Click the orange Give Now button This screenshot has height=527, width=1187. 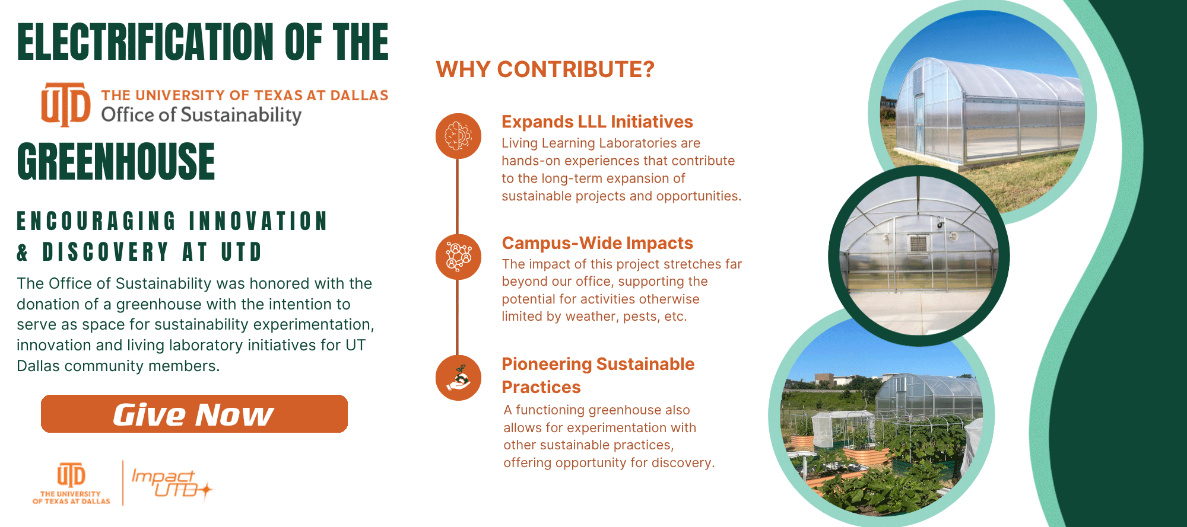pos(194,414)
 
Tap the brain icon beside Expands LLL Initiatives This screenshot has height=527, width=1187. pos(458,136)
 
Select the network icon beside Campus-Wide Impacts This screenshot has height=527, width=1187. pos(458,257)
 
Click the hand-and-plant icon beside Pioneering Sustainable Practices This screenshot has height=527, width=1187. pos(458,378)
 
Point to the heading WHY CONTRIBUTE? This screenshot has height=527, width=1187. pos(545,69)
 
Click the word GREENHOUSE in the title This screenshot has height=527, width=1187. pos(116,161)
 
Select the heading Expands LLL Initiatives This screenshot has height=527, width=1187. pos(597,122)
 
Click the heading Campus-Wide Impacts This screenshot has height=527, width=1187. pos(597,243)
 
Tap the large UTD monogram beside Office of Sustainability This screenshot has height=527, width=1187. pos(66,104)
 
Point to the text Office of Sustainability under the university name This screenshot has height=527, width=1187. pos(201,114)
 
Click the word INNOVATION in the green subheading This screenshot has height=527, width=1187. pos(258,221)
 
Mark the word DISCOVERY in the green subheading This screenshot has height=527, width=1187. pos(106,252)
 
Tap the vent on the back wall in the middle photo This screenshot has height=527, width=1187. pos(918,243)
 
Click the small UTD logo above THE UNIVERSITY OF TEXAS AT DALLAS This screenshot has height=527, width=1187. pos(71,475)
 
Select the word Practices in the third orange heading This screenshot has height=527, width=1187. pos(541,387)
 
